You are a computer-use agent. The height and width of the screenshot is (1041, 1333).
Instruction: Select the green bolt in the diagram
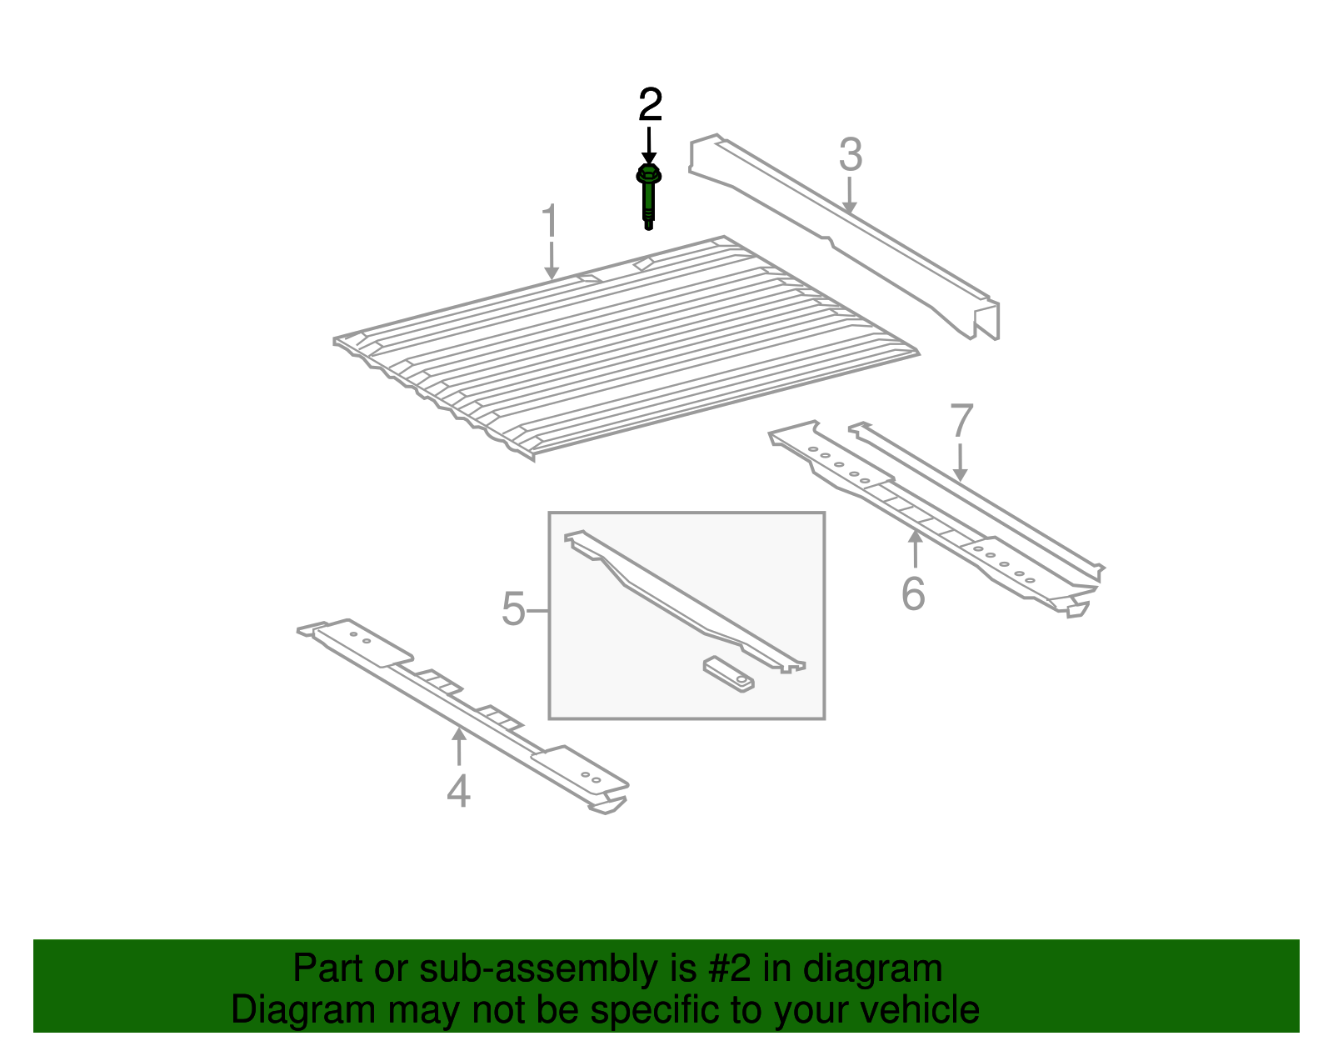point(648,197)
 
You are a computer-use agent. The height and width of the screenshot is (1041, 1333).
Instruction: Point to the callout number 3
point(851,154)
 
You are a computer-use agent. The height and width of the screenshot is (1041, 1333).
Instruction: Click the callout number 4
point(458,791)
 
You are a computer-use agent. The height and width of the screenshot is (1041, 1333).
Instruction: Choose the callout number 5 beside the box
point(513,608)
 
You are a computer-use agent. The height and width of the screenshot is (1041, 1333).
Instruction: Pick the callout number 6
point(913,593)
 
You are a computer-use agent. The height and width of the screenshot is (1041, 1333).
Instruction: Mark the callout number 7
point(961,420)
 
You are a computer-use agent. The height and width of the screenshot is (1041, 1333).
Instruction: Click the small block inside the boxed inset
point(729,674)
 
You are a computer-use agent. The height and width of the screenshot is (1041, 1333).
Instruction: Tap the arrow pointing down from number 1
point(552,261)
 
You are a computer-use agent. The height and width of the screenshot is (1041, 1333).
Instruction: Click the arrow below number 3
point(849,196)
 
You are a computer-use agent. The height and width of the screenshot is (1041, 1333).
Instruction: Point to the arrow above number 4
point(458,746)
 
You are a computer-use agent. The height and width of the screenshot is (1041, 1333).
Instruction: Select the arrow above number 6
point(915,548)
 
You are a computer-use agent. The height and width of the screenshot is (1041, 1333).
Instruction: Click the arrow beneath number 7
point(961,463)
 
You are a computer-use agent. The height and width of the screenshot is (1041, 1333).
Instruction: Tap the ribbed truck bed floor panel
point(626,347)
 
